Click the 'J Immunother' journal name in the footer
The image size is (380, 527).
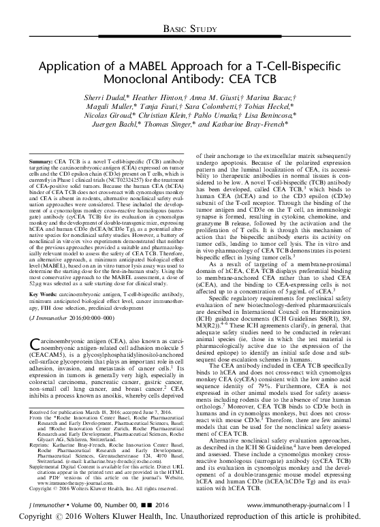point(32,503)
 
